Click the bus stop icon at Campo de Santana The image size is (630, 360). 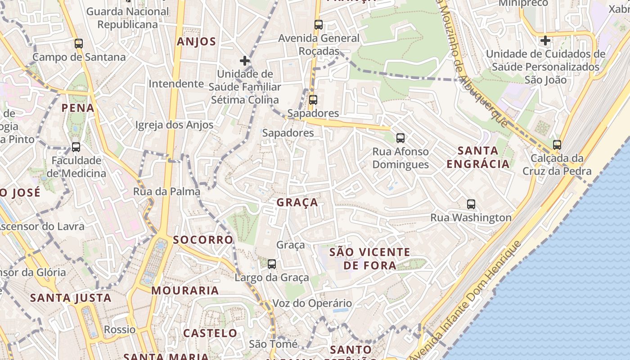(79, 44)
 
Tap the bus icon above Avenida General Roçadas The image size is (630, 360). (319, 25)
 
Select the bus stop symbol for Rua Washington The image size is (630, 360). (471, 204)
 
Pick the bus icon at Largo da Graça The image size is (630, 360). (272, 264)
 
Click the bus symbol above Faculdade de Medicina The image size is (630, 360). (76, 147)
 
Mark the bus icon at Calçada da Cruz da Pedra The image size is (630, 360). (557, 145)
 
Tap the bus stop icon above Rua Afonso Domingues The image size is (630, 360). (400, 138)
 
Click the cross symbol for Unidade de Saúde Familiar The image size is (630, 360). (245, 60)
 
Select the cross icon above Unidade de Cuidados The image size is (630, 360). (545, 40)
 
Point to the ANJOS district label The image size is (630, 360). (197, 42)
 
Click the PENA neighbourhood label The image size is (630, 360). (78, 108)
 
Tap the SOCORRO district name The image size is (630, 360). (203, 240)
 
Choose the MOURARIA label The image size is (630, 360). (185, 291)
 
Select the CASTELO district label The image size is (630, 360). (210, 333)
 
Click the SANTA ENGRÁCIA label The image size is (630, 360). (478, 157)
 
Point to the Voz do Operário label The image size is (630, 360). (312, 303)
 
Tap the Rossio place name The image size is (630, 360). (120, 329)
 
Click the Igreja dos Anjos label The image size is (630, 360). (175, 125)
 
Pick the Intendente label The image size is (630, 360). (176, 84)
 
